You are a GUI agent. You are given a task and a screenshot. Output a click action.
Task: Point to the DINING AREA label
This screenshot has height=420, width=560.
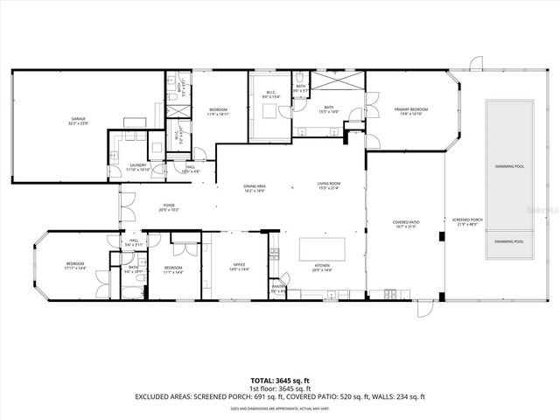point(255,186)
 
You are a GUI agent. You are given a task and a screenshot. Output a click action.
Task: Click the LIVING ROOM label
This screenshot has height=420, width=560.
point(328,185)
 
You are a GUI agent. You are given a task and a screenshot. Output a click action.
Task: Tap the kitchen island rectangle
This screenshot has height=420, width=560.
point(323,251)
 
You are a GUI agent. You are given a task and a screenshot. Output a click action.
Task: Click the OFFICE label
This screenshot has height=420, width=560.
point(240,267)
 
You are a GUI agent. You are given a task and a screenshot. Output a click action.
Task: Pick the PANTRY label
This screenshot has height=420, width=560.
point(278,287)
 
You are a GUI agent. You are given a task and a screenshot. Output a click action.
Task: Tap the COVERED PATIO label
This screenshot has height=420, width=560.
point(404,224)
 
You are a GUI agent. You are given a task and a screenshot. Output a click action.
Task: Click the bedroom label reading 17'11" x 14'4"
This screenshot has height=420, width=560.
point(74,266)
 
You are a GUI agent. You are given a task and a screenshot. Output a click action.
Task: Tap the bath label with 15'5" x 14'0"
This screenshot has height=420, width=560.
point(329,109)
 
